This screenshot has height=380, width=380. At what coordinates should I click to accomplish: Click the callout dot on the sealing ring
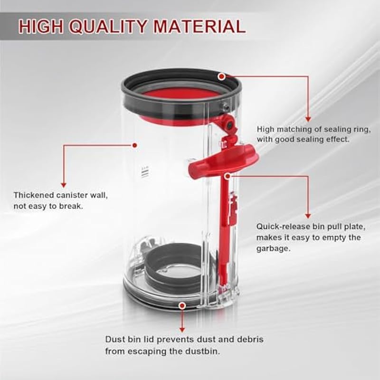pos(221,76)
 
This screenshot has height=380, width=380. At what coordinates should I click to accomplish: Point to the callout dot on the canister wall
pos(135,145)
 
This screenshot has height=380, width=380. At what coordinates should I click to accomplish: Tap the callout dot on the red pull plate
pos(228,176)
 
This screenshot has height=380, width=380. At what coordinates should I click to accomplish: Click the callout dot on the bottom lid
pos(182,305)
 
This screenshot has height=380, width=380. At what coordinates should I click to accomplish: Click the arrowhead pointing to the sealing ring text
pos(308,119)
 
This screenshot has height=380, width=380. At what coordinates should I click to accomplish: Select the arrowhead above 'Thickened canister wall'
pos(64,185)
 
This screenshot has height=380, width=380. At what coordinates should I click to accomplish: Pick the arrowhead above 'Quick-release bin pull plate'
pos(308,216)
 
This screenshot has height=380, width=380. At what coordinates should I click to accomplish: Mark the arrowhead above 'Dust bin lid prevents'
pos(182,330)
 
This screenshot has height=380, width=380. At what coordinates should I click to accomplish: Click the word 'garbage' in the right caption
pos(273,249)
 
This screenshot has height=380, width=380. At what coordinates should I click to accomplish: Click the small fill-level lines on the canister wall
pos(144,172)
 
